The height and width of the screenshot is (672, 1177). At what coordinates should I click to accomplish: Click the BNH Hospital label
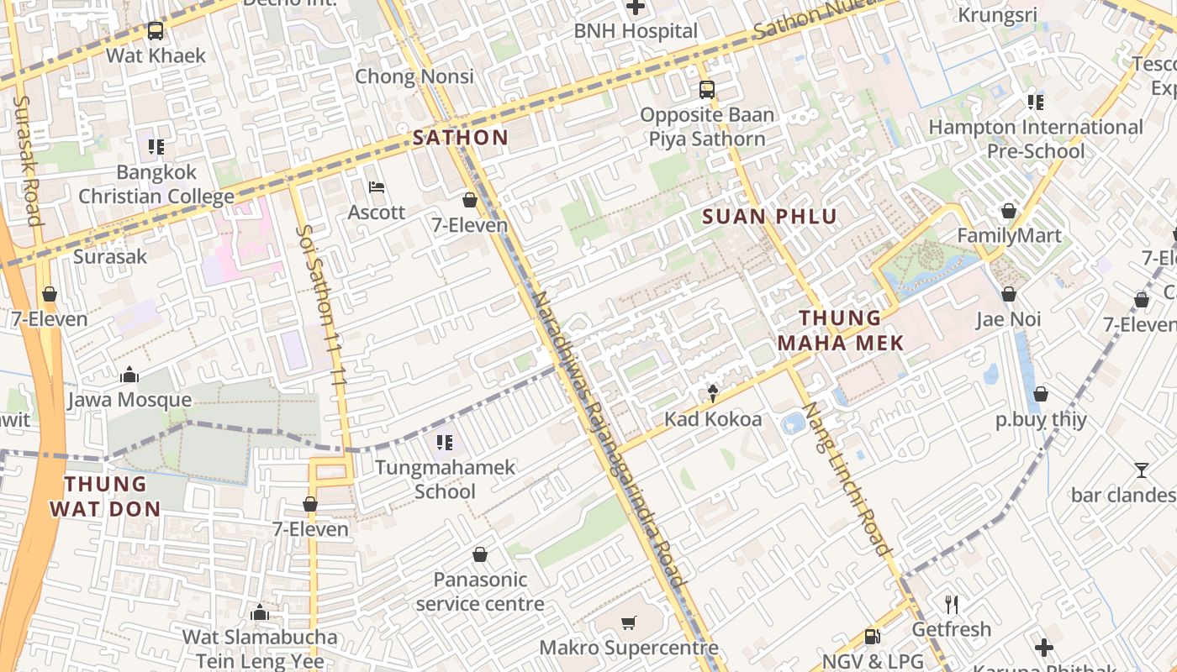(636, 31)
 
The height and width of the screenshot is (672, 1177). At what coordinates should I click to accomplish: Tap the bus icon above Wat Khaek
(156, 31)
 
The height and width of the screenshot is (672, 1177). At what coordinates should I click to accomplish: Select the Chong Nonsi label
(414, 76)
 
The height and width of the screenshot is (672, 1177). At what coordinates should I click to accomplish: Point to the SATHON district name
(460, 138)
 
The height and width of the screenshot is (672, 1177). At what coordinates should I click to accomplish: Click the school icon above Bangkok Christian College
(156, 147)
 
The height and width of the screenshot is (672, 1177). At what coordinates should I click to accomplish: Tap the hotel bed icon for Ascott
(377, 186)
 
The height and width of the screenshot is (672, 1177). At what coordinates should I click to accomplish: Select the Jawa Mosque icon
(129, 375)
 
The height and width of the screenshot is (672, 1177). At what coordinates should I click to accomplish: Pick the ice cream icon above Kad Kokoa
(713, 393)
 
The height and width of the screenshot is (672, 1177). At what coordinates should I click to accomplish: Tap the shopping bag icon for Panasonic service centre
(480, 554)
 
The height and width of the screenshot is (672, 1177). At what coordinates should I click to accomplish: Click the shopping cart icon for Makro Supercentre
(628, 622)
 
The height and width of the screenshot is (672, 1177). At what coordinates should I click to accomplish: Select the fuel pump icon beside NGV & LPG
(873, 637)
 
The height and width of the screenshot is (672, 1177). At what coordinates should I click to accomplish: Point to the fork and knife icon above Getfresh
(952, 604)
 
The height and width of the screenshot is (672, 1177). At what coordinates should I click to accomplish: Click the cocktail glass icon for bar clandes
(1141, 470)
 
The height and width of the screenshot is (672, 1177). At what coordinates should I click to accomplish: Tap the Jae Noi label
(1008, 319)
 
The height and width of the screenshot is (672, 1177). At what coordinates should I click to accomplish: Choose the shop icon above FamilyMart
(1008, 210)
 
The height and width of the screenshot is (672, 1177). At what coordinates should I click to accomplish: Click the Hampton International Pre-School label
(1035, 139)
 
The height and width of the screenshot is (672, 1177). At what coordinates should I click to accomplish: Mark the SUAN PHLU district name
(769, 217)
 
